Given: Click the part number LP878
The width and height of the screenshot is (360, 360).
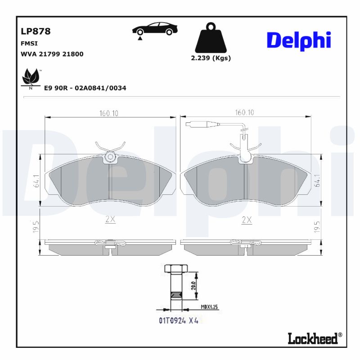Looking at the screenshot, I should [36, 31].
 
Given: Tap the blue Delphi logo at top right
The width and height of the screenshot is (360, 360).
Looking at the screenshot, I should [299, 41].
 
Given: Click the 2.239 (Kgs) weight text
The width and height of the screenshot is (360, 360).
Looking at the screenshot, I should [211, 58].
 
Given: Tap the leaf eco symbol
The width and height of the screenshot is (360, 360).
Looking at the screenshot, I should [31, 78].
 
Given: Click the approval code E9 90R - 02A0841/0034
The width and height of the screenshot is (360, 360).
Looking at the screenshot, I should [85, 88].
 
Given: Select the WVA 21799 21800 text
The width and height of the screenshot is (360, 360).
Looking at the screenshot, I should [52, 54].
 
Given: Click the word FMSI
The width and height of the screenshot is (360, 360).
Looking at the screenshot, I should [29, 44].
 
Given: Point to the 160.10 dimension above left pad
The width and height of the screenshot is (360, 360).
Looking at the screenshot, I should [109, 113].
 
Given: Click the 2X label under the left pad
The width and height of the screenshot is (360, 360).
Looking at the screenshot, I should [110, 220].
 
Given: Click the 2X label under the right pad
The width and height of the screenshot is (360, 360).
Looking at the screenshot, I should [247, 220].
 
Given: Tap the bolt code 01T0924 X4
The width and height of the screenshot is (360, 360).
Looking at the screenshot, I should [178, 320].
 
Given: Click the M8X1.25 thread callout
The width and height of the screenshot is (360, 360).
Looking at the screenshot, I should [209, 307].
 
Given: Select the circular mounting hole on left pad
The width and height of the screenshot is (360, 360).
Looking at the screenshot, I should [110, 157].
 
